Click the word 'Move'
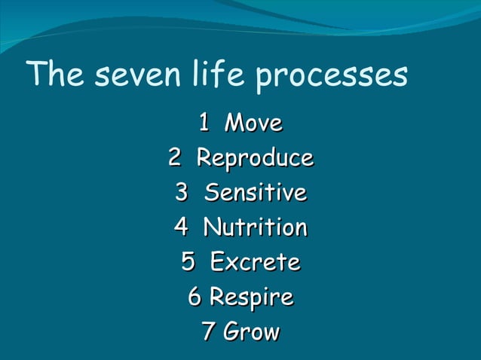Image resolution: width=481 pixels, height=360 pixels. click(254, 122)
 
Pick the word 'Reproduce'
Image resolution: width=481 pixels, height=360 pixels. click(255, 159)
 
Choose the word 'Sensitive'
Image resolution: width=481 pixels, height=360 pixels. click(256, 193)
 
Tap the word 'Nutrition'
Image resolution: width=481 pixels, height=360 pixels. click(256, 227)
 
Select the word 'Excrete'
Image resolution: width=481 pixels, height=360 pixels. click(255, 262)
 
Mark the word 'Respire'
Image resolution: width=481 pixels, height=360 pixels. click(251, 298)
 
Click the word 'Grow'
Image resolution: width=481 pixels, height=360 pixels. click(252, 332)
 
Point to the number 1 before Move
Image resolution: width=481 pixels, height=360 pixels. click(204, 122)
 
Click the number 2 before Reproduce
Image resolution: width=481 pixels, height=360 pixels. click(174, 158)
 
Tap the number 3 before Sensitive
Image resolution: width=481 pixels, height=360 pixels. click(181, 193)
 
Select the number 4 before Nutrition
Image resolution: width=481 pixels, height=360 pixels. click(181, 227)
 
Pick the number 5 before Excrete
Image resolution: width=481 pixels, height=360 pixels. click(188, 262)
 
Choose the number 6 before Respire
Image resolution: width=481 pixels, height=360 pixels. click(195, 297)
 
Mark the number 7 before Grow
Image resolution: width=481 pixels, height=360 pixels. click(209, 332)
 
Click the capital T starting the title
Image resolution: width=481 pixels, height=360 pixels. click(35, 75)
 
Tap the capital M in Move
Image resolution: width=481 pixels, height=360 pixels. click(235, 122)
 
